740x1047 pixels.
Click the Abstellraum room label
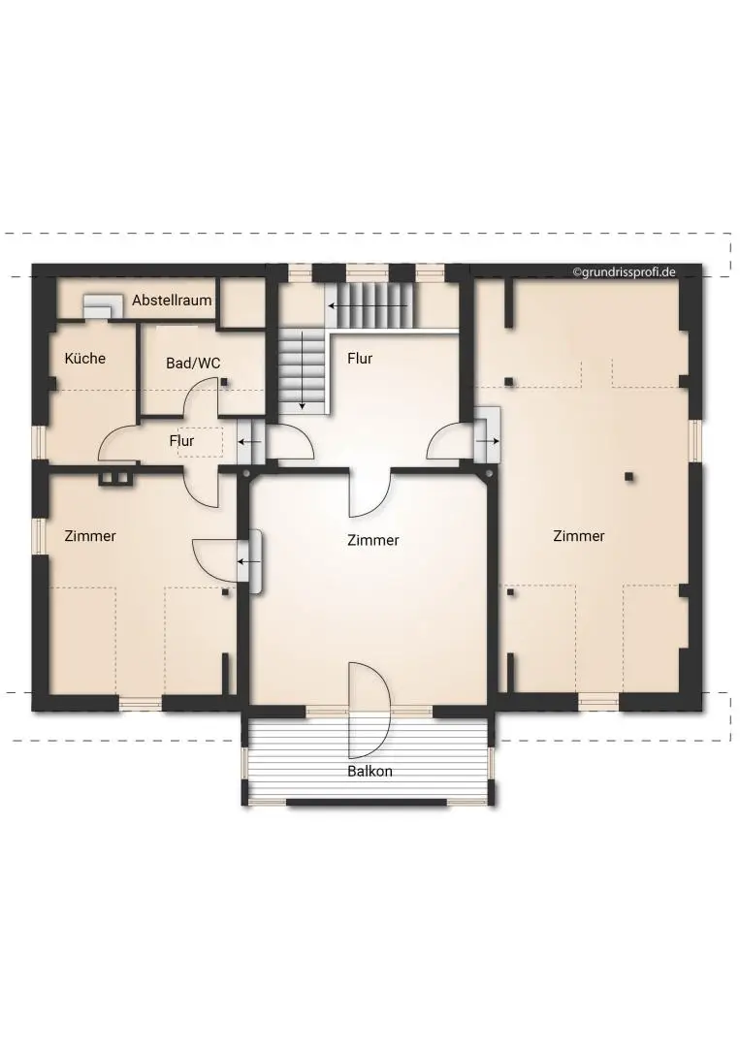pos(172,301)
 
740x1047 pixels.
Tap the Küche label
pos(84,359)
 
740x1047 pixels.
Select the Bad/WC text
pos(193,364)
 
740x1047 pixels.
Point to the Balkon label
pos(370,772)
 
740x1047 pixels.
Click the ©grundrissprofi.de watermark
pos(624,272)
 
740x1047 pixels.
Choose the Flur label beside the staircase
pos(360,359)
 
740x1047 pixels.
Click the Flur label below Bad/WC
pos(181,441)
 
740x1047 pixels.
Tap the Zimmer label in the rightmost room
pos(578,536)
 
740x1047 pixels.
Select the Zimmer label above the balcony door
pos(372,541)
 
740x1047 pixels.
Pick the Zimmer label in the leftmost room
pos(90,536)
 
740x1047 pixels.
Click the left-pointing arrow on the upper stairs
pos(368,305)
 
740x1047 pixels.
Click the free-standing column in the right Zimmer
pos(629,476)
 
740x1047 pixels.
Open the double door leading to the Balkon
pos(369,711)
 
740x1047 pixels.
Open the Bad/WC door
pos(205,397)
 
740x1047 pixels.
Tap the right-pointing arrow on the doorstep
pos(488,441)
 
